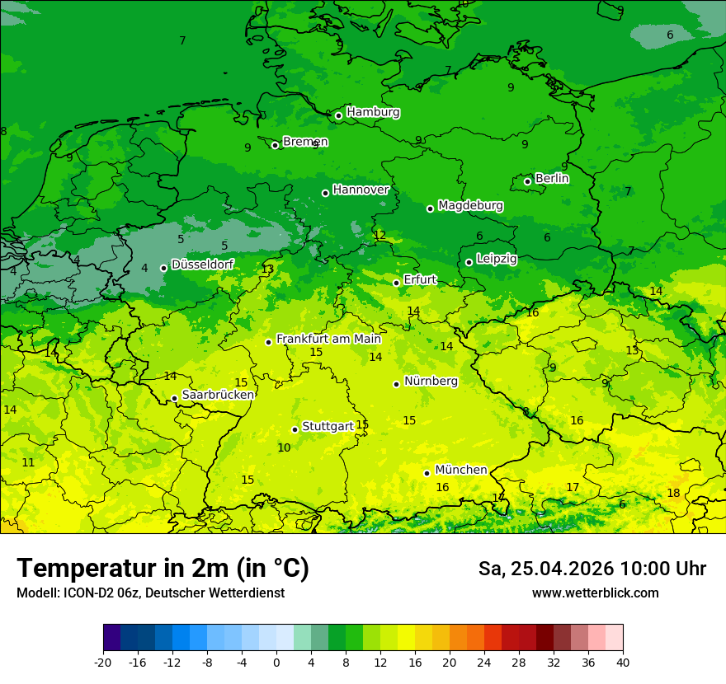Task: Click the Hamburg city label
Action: [x=373, y=112]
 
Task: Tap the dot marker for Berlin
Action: [x=527, y=181]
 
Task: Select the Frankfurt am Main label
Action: [x=328, y=339]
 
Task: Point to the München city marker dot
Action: [x=427, y=473]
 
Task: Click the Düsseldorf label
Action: [x=202, y=265]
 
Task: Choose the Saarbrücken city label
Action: [x=218, y=395]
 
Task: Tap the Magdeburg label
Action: [x=470, y=205]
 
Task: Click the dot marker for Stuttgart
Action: [x=295, y=429]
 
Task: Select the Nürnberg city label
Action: [x=431, y=382]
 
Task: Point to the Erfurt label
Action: [x=420, y=280]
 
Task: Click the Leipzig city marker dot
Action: [x=469, y=262]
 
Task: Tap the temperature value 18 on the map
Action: [x=673, y=493]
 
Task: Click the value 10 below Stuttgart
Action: [x=284, y=447]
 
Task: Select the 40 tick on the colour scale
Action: [x=622, y=662]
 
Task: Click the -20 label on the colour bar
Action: [x=103, y=662]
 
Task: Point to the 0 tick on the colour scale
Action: [x=276, y=662]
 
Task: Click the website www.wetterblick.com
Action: [x=595, y=593]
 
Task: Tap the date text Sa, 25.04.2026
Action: [x=546, y=569]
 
